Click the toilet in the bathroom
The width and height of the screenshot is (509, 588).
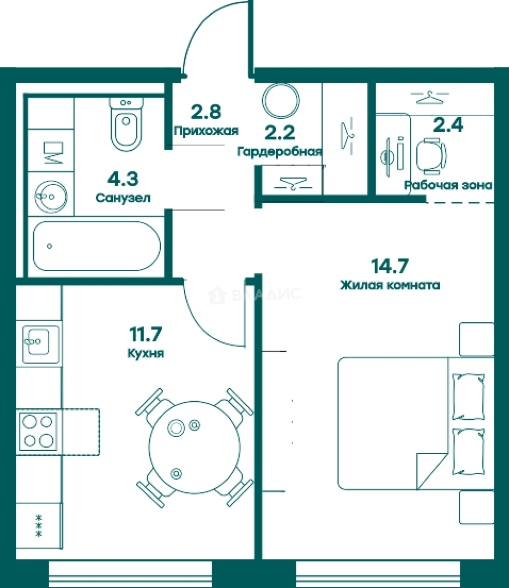point(126,124)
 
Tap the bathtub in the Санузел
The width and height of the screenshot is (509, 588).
point(97,246)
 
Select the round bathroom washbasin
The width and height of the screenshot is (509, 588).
point(51,196)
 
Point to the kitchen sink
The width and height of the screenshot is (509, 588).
point(40,344)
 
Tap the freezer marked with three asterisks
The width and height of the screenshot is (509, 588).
point(38,526)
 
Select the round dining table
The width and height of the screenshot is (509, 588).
point(194,447)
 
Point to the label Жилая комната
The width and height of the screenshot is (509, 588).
point(390,285)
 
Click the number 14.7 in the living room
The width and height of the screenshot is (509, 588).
point(390,266)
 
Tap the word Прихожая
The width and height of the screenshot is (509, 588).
point(206,131)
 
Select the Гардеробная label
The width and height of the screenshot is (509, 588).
point(280,152)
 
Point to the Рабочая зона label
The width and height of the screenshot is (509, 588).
point(448,185)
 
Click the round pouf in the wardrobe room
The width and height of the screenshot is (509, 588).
point(281,101)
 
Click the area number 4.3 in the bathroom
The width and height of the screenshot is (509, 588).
point(123,179)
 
